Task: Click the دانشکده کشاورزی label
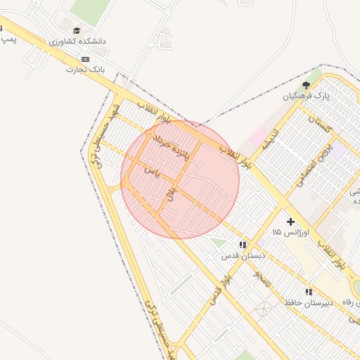tap(77, 41)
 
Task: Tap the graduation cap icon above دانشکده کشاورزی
tap(77, 30)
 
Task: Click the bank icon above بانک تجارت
tap(85, 59)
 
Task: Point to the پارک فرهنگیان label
tap(307, 94)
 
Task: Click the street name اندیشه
tap(271, 140)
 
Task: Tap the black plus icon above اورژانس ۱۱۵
tap(290, 221)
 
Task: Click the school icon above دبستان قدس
tap(242, 245)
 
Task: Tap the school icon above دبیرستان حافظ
tap(308, 291)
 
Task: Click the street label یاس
tap(153, 171)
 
